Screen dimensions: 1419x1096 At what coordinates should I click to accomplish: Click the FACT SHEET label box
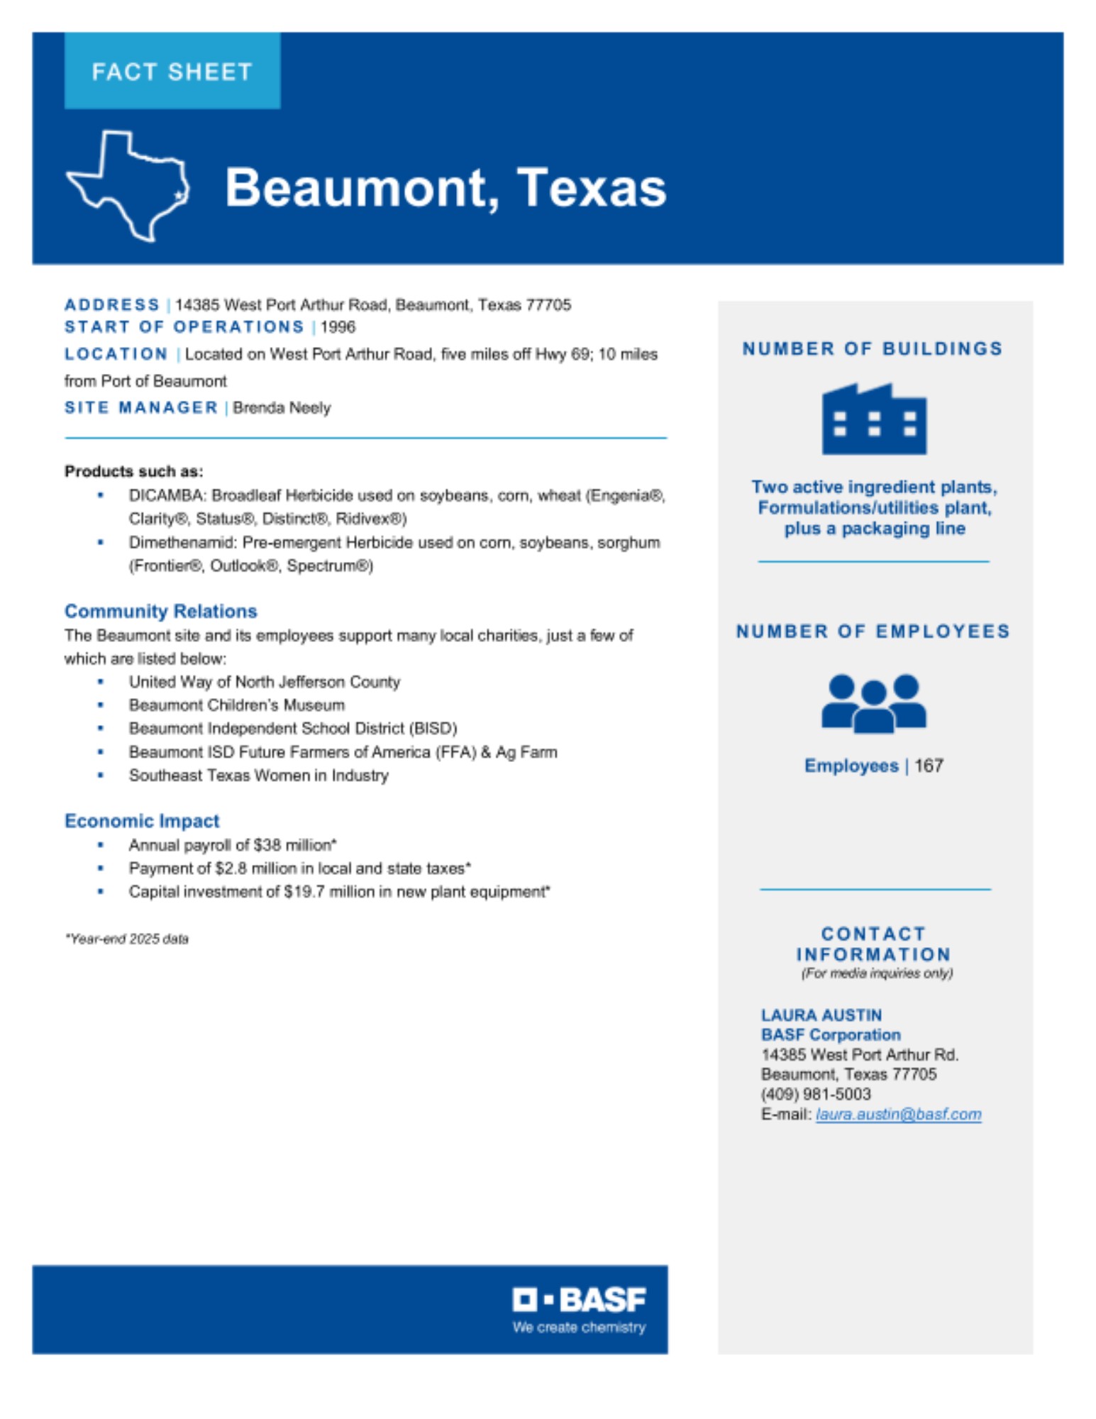pos(172,71)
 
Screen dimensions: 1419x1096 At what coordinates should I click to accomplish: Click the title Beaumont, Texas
pos(445,187)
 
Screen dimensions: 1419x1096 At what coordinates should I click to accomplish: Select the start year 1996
pos(338,327)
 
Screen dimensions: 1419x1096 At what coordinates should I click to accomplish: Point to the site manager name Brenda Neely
pos(282,408)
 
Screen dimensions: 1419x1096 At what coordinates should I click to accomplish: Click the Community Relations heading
pos(160,611)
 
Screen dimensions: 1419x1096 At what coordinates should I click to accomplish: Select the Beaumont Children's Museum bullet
pos(236,705)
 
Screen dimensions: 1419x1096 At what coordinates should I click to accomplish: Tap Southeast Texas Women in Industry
pos(258,775)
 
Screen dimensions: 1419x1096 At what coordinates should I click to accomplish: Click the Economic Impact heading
pos(142,821)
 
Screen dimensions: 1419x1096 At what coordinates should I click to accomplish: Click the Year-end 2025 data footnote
pos(127,939)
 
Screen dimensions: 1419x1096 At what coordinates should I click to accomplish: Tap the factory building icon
pos(874,419)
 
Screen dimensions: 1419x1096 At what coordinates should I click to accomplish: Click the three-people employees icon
pos(874,703)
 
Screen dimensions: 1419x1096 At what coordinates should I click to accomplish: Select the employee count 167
pos(929,766)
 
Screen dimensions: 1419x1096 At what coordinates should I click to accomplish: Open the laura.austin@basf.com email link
pos(898,1114)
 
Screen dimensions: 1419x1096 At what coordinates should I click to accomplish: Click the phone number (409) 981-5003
pos(816,1094)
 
